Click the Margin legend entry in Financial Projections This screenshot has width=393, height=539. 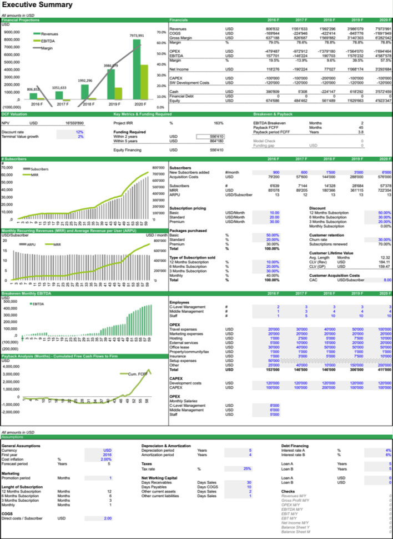point(46,48)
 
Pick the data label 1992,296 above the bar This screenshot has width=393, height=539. point(85,81)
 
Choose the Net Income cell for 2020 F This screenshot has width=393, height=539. point(382,69)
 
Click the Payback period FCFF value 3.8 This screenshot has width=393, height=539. point(360,132)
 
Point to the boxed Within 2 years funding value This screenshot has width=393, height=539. point(211,136)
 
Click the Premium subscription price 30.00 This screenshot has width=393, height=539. point(274,222)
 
